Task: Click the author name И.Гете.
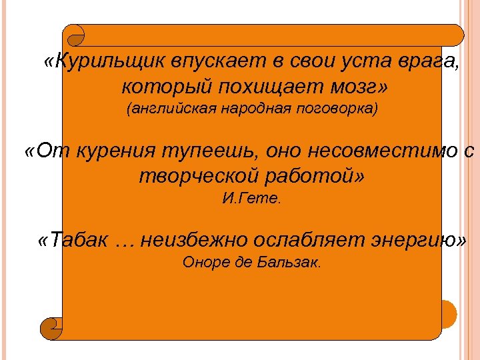click(x=251, y=198)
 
